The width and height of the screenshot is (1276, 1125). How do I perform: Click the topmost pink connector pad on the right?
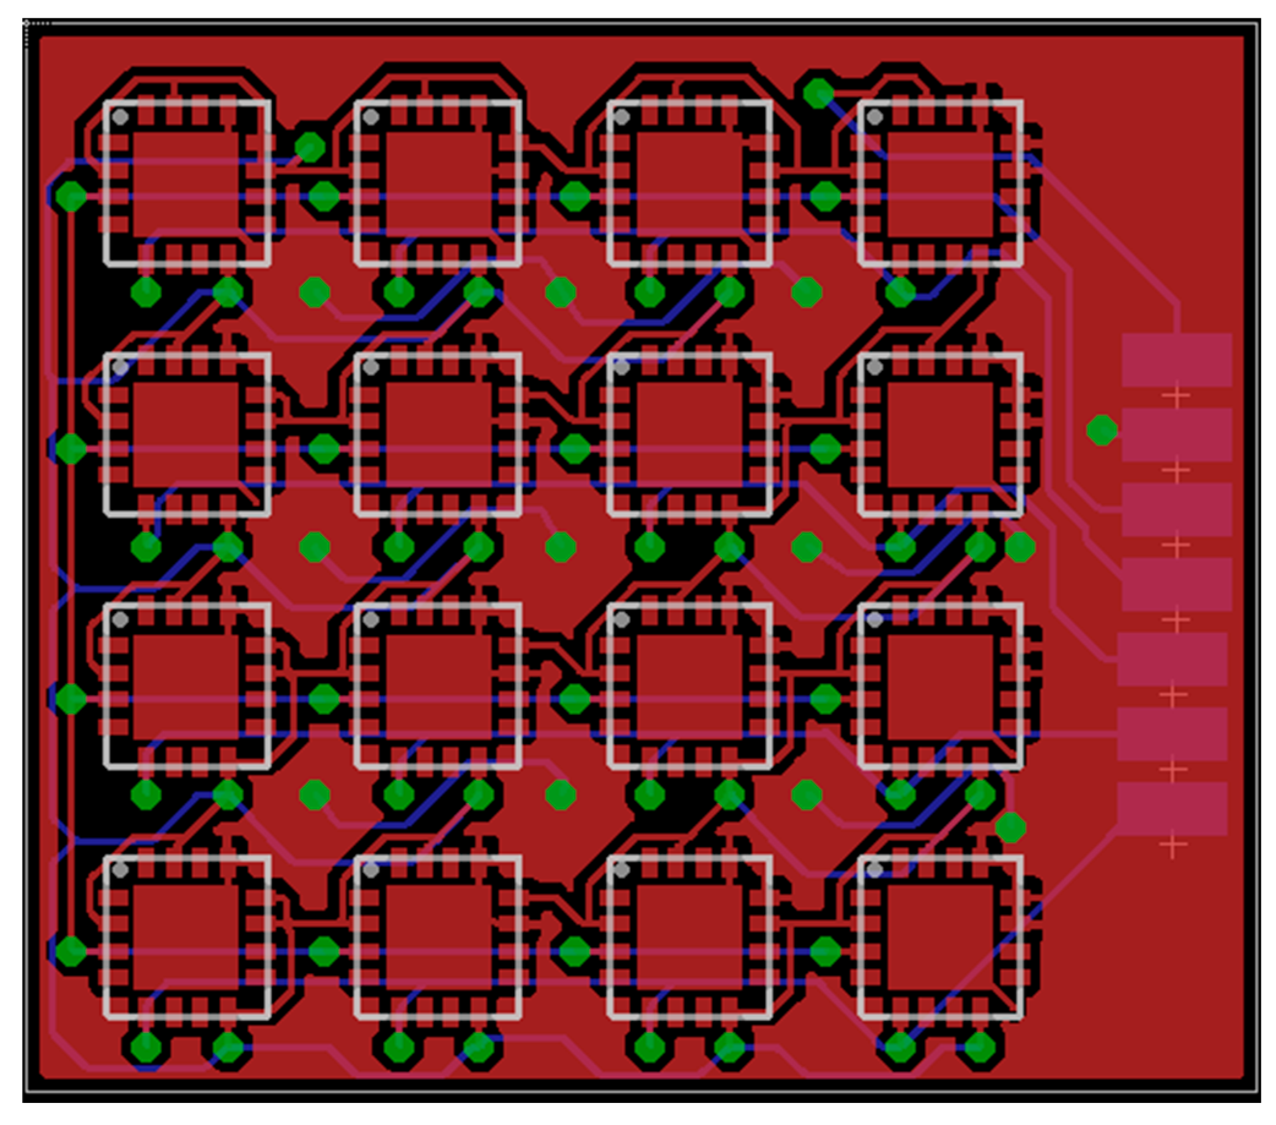[1176, 360]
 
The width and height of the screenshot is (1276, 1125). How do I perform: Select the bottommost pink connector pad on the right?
[1172, 809]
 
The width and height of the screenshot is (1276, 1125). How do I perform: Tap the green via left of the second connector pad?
[1102, 430]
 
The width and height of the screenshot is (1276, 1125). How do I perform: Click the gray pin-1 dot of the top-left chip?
[121, 117]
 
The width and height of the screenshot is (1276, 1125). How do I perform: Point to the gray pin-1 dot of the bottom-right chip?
[875, 870]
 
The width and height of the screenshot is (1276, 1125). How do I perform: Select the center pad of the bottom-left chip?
[186, 936]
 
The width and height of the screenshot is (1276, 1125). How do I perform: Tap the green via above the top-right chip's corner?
[818, 94]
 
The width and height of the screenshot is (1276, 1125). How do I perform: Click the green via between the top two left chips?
[310, 148]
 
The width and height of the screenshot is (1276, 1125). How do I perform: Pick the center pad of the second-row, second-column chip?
[439, 435]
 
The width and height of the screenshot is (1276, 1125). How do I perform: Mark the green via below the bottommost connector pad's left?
[1010, 828]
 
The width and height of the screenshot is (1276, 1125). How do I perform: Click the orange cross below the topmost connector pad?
[1176, 396]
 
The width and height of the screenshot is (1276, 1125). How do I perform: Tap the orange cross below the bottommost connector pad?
[1173, 845]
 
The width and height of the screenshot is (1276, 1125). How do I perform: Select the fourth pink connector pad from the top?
[1176, 584]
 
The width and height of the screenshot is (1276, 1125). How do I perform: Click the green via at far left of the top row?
[71, 196]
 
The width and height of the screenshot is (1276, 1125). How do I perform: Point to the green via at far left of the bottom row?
[71, 951]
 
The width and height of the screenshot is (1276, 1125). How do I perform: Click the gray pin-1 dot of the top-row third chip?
[622, 117]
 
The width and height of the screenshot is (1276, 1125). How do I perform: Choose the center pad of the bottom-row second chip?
[439, 936]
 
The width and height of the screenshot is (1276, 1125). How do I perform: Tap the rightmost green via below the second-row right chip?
[1020, 548]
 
